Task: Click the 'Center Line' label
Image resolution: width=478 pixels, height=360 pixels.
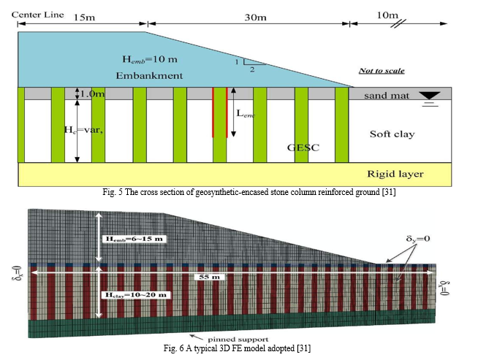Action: click(38, 15)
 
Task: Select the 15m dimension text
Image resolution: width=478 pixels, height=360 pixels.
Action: click(84, 18)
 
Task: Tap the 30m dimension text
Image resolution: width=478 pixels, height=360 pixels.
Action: click(255, 18)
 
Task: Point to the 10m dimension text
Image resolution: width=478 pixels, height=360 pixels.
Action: click(387, 15)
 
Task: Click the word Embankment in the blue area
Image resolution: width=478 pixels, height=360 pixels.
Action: click(149, 75)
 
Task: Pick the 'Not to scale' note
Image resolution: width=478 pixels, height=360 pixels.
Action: click(382, 71)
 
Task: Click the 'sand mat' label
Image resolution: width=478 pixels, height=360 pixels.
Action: click(387, 96)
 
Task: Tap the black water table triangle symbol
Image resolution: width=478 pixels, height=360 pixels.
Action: click(430, 96)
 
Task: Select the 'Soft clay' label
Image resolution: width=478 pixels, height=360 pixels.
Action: click(392, 134)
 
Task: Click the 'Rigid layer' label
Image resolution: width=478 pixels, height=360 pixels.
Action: click(395, 174)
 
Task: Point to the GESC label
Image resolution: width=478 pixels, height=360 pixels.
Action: click(303, 148)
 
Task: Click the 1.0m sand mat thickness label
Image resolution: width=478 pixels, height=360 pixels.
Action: click(92, 93)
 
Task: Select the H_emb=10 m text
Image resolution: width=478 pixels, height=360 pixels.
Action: click(150, 59)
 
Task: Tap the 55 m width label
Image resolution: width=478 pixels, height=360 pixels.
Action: click(209, 277)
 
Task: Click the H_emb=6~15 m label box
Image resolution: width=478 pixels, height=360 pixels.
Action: click(134, 239)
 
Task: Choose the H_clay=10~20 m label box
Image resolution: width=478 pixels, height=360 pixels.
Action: click(136, 295)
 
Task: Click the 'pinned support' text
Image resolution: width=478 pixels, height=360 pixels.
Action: click(238, 340)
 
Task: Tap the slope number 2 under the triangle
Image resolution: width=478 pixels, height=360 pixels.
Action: click(252, 69)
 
